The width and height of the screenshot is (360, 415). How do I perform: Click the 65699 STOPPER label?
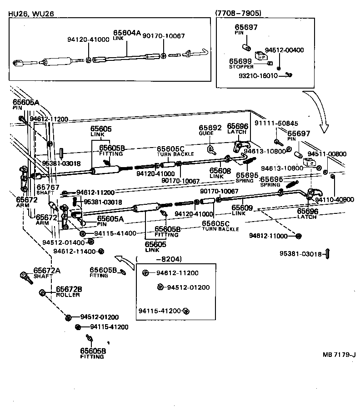tap(240, 63)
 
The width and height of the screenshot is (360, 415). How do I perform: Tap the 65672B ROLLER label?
tap(69, 291)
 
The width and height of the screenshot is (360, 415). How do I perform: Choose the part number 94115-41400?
tap(112, 233)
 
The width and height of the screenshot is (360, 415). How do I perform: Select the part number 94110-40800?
tap(335, 199)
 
